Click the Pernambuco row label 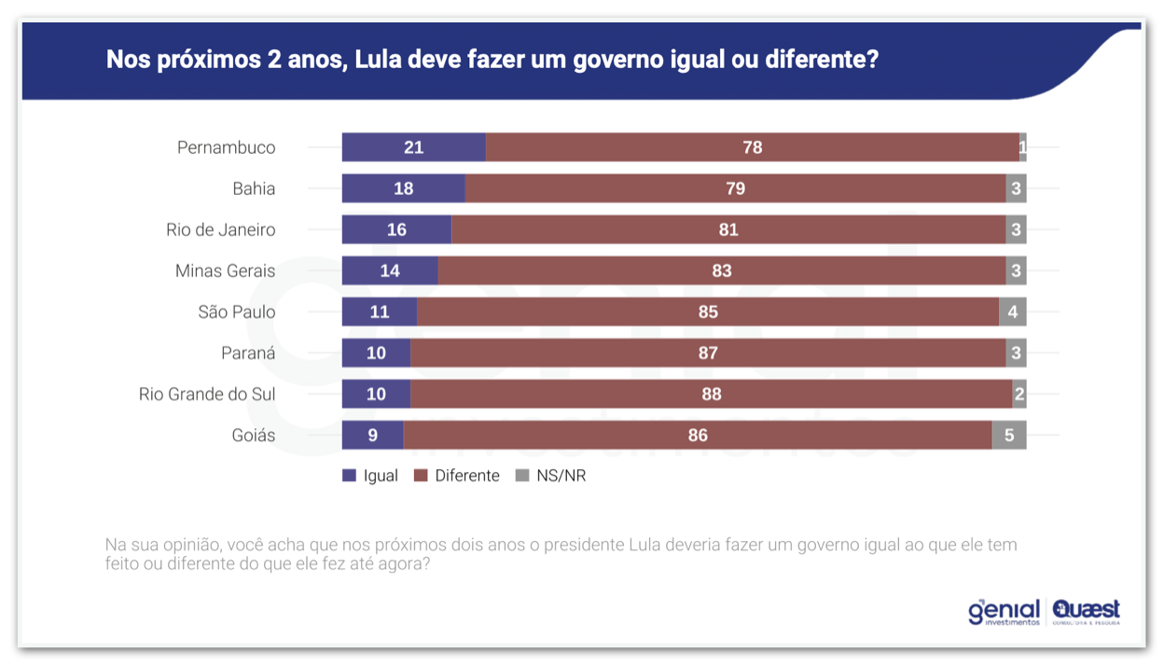coord(227,147)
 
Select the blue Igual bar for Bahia coord(403,188)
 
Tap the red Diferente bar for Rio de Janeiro coord(728,229)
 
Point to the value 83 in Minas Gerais coord(721,271)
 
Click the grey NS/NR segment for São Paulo coord(1012,312)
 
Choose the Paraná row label coord(248,353)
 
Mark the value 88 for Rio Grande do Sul coord(711,395)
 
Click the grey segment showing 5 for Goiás coord(1009,436)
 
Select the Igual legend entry coord(370,476)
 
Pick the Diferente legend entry coord(457,476)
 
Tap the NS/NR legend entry coord(550,476)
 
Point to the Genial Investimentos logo coord(1004,612)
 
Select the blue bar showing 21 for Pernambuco coord(413,147)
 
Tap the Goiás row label coord(254,436)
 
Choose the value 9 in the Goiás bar coord(373,436)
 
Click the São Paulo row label coord(237,312)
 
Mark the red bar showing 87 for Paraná coord(708,353)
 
